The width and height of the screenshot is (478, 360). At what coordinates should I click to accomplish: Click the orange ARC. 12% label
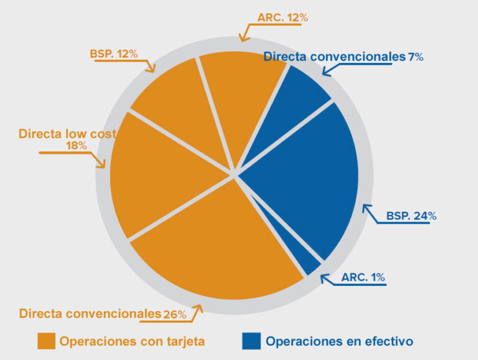click(x=283, y=18)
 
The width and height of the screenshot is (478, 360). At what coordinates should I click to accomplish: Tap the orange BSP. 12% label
click(x=113, y=54)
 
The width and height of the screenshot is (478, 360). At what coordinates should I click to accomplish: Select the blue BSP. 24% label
click(x=411, y=216)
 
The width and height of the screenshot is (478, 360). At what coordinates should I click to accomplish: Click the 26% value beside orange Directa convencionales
click(x=174, y=315)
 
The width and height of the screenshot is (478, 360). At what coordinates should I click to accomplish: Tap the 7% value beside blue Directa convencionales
click(x=415, y=57)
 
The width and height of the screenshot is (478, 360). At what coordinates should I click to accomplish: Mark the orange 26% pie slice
click(x=212, y=249)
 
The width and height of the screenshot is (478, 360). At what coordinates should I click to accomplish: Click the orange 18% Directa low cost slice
click(x=156, y=174)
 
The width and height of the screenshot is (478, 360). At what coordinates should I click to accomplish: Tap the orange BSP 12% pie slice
click(x=174, y=106)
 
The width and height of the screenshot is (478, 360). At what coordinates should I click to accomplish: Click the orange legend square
click(x=47, y=341)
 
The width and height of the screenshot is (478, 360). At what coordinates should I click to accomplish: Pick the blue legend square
click(x=251, y=341)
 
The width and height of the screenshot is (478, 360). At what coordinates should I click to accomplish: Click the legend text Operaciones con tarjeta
click(x=132, y=341)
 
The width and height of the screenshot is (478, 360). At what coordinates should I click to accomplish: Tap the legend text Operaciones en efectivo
click(x=339, y=341)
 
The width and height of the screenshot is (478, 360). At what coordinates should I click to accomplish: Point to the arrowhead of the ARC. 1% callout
click(x=322, y=278)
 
